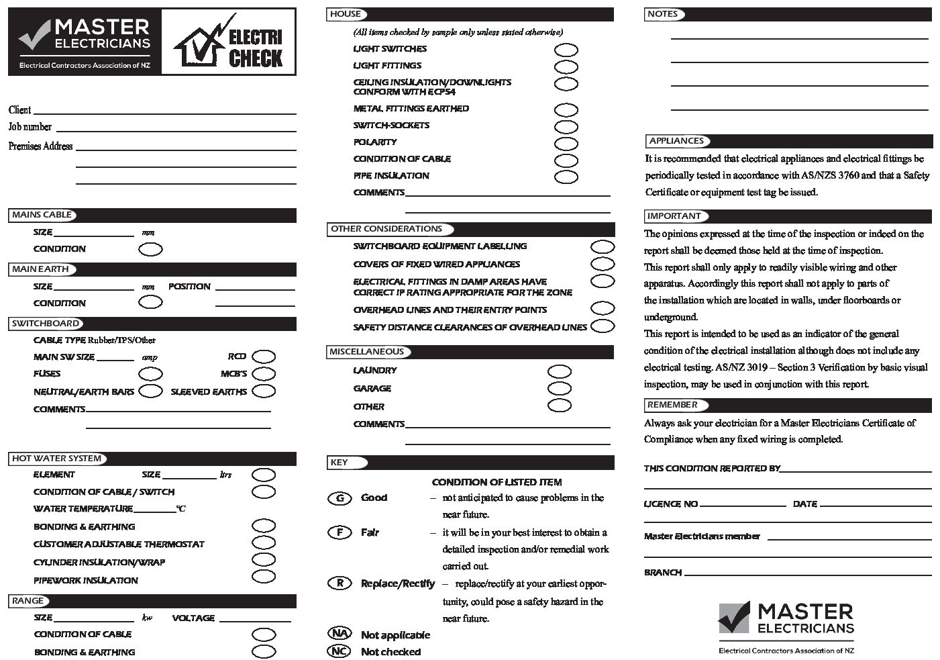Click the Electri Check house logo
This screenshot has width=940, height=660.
point(228,42)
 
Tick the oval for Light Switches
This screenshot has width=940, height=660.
point(566,50)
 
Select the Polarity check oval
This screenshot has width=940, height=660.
point(566,143)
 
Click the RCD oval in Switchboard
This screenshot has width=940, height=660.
point(264,357)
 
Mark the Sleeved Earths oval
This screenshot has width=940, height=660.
point(264,391)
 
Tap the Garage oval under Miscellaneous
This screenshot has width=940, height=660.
point(560,388)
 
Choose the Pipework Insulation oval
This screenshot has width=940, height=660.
point(264,577)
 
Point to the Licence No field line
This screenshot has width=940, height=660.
point(742,504)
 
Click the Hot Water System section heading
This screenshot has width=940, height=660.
point(57,459)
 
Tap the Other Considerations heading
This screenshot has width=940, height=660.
point(386,229)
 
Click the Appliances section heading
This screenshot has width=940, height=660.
point(676,141)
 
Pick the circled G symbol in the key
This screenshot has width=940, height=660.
point(340,498)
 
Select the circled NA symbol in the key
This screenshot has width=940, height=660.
point(340,634)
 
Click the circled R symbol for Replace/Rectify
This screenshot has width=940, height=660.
point(340,583)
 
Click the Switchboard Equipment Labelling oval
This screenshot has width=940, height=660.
point(603,246)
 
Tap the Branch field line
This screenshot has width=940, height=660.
point(808,575)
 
